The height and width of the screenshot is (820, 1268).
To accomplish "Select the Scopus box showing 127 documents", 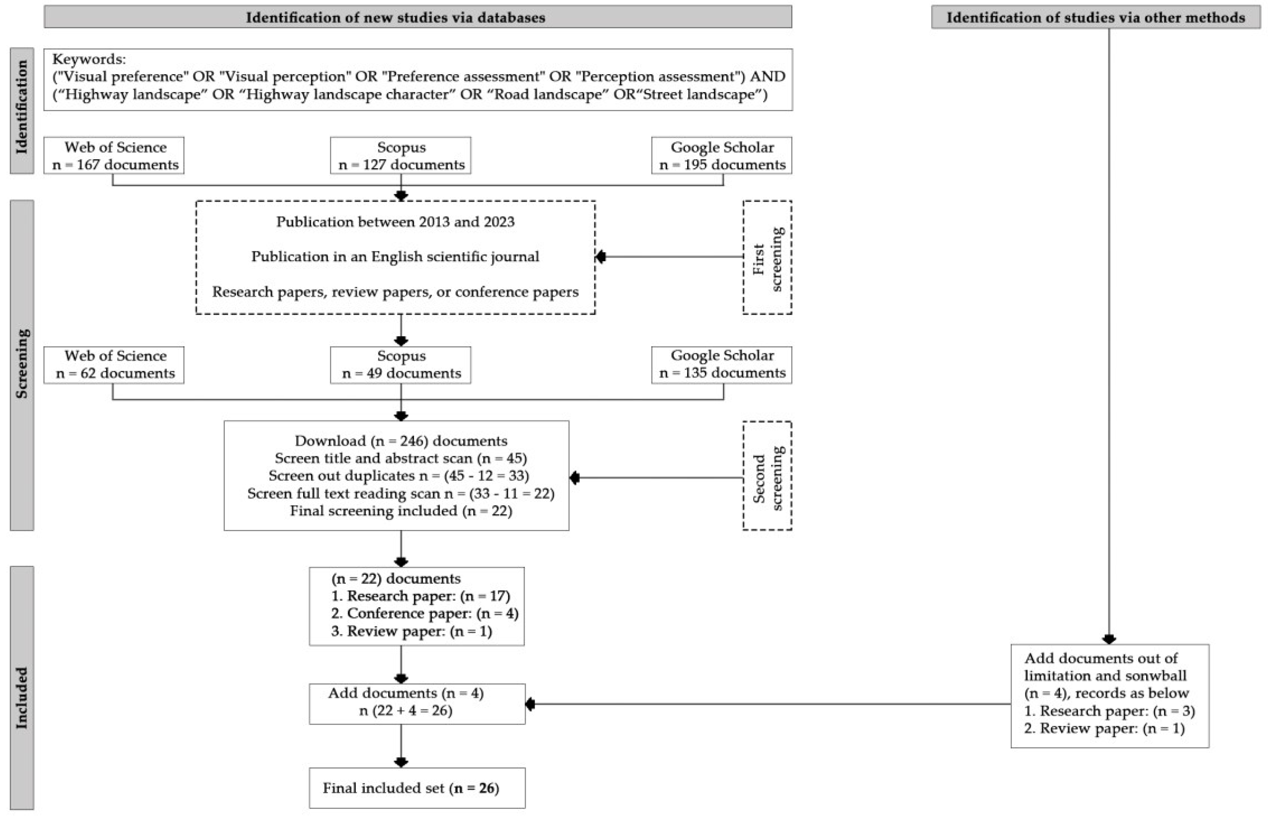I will coord(400,155).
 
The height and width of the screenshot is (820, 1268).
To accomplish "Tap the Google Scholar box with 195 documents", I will coord(721,155).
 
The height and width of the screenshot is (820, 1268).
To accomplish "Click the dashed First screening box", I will coord(767,258).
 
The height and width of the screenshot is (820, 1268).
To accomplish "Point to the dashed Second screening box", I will coord(767,476).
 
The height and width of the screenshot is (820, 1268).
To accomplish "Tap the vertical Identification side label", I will coord(22,110).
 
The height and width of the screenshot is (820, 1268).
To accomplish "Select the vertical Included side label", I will coord(22,697).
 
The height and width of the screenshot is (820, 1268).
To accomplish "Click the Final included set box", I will coord(416,788).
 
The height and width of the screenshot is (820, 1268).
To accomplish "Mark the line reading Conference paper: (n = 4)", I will coord(424,614).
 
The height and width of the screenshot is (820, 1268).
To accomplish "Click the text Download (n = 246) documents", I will coord(400,441).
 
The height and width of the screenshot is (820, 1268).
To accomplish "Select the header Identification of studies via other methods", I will coord(1095,18).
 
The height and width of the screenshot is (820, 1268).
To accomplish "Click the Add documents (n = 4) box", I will coord(416,703).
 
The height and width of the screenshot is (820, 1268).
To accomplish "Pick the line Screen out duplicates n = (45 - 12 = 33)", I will coord(398,476).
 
